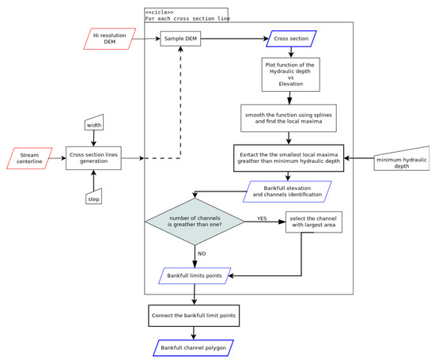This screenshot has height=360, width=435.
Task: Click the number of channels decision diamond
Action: (x=195, y=226)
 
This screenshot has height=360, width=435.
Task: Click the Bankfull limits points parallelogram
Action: (x=195, y=276)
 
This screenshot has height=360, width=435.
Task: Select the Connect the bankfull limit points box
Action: (x=195, y=316)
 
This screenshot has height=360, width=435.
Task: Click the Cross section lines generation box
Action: (x=94, y=159)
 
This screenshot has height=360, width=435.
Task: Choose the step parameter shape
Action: (x=94, y=195)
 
